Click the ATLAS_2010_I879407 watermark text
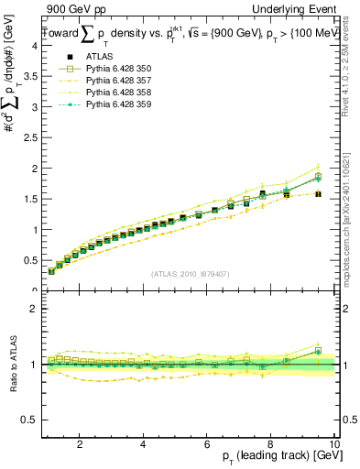(x=190, y=274)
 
